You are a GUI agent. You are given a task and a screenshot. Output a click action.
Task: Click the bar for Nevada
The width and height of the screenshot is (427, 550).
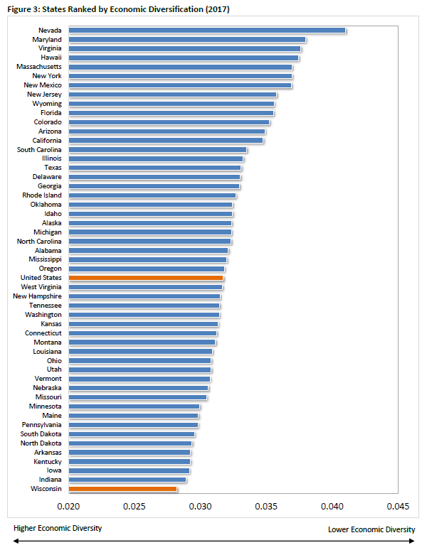tap(206, 30)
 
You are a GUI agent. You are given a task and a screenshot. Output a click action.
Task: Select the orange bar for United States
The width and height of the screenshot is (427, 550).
tap(146, 278)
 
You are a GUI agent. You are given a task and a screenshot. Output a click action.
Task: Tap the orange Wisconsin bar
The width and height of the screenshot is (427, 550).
tap(122, 489)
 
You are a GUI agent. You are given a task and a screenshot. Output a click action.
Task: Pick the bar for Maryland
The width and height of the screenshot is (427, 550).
tap(186, 39)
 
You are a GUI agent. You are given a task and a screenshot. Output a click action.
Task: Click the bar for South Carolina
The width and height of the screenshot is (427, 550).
tap(157, 149)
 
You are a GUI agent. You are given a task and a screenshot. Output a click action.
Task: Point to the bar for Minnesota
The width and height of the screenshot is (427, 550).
tap(134, 406)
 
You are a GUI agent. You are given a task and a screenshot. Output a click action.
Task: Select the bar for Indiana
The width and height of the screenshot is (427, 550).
tap(127, 480)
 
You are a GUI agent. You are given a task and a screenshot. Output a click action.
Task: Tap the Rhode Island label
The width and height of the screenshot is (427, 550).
tap(41, 195)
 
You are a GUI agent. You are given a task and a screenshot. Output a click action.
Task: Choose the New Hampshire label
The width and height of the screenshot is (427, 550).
tap(37, 296)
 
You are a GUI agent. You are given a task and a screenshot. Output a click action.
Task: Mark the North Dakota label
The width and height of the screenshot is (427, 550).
tap(41, 443)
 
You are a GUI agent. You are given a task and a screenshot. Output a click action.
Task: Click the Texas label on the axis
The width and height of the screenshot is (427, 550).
tap(52, 168)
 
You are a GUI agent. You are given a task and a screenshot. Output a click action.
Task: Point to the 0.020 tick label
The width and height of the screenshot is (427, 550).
tap(68, 507)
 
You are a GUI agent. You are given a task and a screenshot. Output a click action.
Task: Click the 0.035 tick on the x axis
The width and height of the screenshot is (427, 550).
tap(266, 507)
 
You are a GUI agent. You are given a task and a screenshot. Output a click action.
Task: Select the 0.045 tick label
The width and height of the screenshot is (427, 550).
tap(398, 507)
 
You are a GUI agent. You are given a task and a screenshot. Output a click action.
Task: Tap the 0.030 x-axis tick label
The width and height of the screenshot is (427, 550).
tap(200, 507)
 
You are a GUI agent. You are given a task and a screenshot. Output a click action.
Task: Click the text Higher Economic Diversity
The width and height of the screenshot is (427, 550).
tap(58, 528)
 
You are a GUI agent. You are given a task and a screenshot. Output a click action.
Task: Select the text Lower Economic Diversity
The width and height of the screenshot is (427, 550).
tap(371, 529)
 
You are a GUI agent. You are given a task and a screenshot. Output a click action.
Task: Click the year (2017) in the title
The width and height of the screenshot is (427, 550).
tap(216, 9)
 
